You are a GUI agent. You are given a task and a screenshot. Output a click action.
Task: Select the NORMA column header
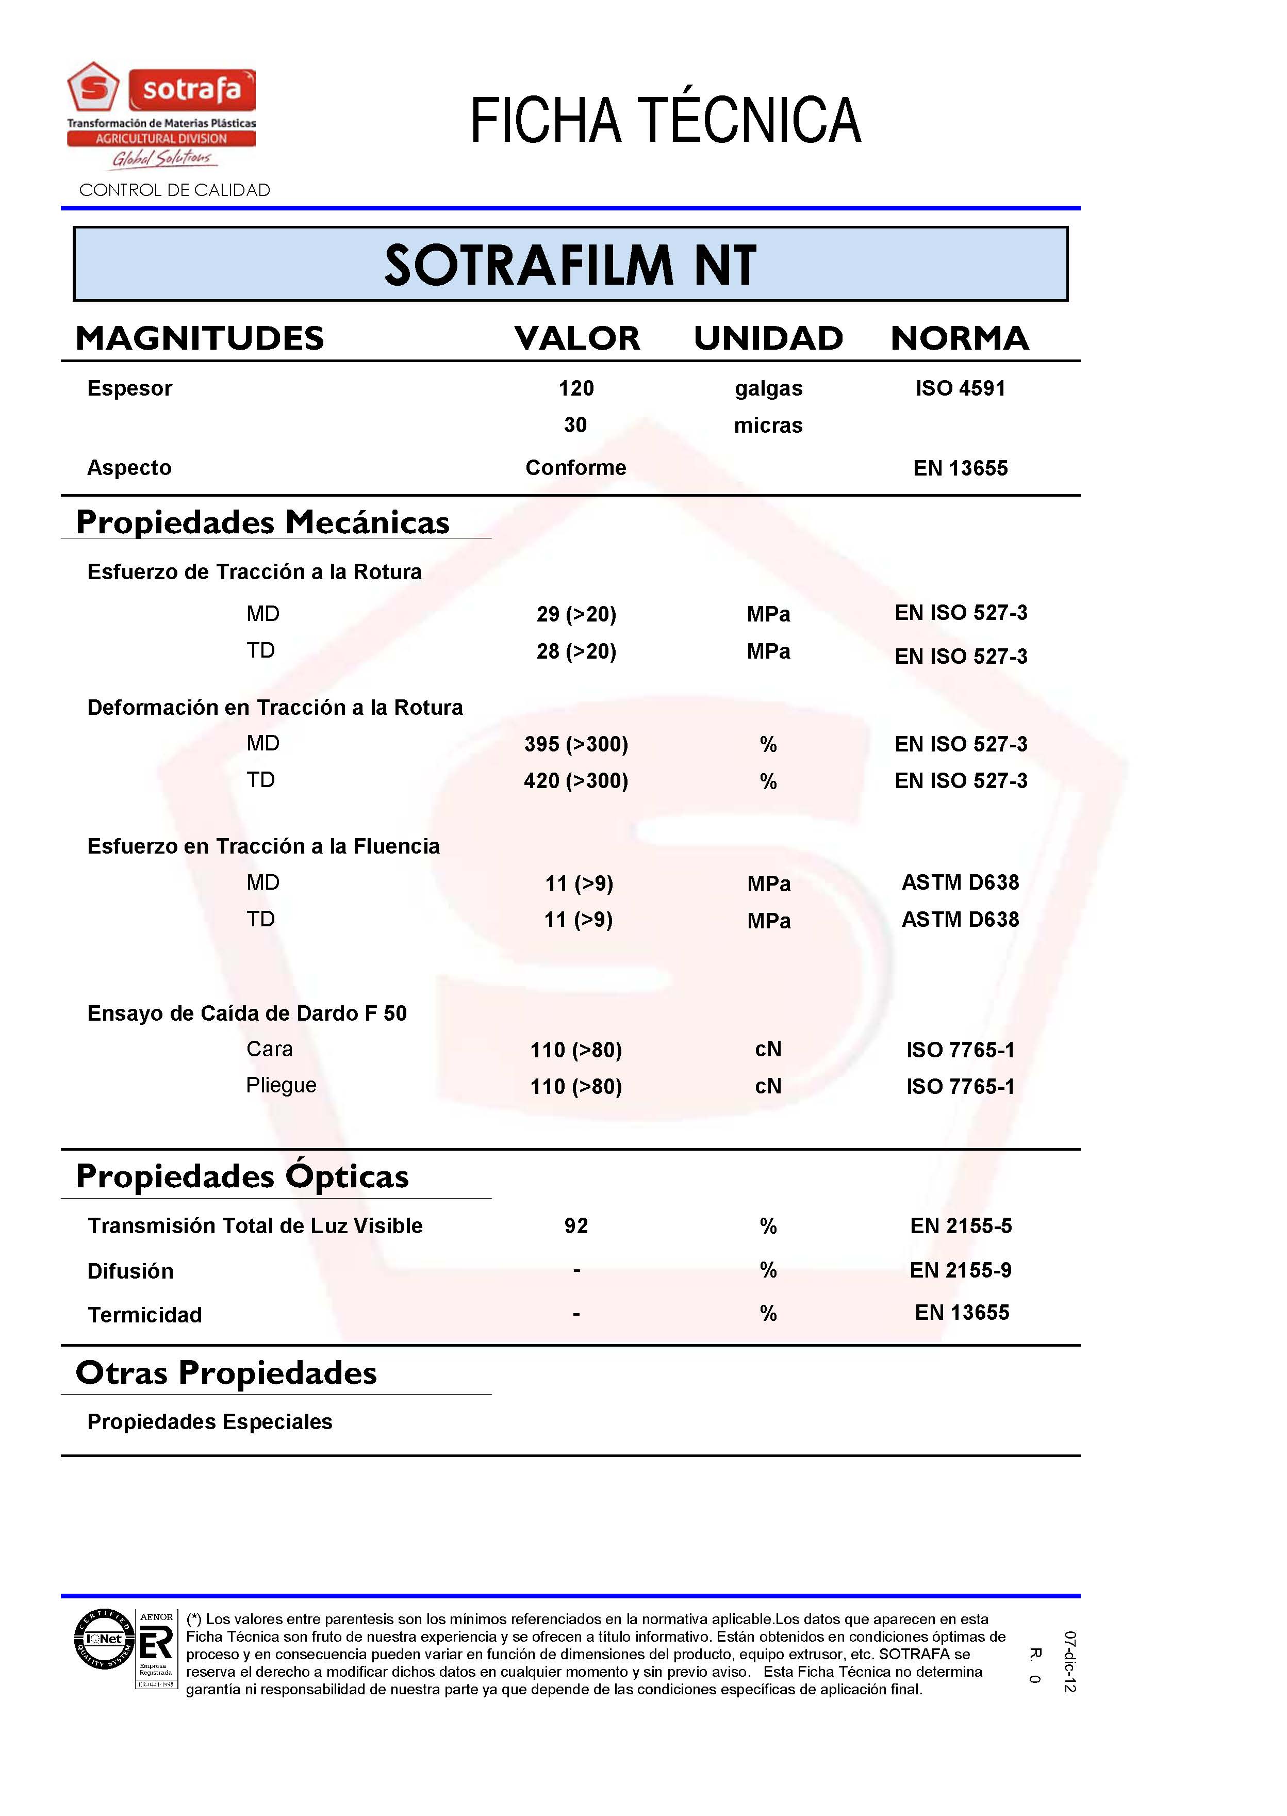click(x=960, y=338)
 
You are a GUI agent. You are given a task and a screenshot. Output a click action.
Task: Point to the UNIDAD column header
click(x=768, y=338)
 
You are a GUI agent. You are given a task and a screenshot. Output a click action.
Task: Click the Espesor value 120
click(x=576, y=388)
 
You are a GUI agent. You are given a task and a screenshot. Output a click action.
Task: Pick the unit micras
click(x=768, y=426)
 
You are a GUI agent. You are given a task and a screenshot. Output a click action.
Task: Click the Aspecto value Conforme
click(x=576, y=468)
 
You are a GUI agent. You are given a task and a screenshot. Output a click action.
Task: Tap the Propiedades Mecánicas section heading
click(x=262, y=522)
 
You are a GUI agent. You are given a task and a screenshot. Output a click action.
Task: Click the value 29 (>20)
click(x=576, y=614)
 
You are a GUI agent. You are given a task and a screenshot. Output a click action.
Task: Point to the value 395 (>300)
click(x=576, y=744)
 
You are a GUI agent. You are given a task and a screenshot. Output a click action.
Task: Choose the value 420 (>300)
click(x=576, y=781)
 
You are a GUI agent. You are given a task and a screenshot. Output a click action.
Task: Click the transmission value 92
click(x=576, y=1226)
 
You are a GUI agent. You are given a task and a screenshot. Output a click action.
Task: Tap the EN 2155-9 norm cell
click(x=961, y=1271)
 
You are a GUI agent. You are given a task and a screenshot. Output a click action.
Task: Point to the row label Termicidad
click(x=145, y=1315)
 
